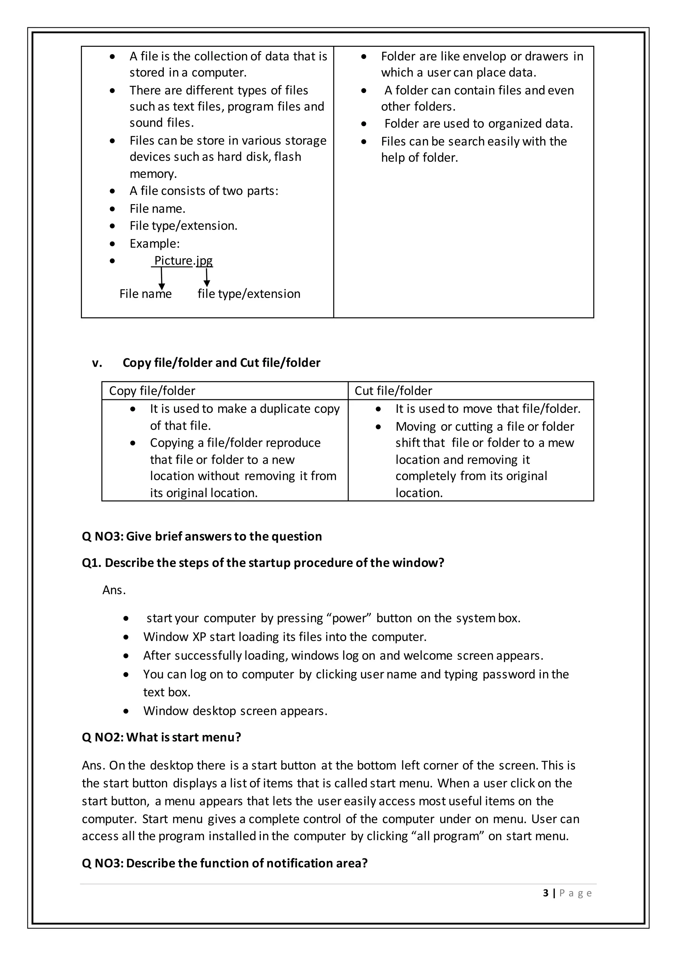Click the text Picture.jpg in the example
tap(183, 261)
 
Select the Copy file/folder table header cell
tap(224, 390)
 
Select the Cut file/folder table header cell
tap(470, 390)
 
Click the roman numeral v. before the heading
tap(97, 363)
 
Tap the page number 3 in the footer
tap(546, 893)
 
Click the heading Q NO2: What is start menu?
tap(161, 737)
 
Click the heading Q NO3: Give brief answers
tap(202, 536)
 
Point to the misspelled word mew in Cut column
tap(561, 443)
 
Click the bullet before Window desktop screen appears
tap(126, 711)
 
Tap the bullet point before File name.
tap(112, 209)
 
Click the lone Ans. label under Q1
tap(114, 590)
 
